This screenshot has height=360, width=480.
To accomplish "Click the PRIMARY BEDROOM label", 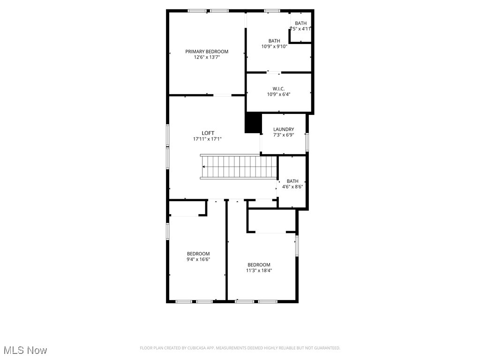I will pos(207,52).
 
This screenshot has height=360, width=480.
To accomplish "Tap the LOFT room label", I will pos(208,133).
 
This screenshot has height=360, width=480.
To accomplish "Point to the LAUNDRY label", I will pos(284,129).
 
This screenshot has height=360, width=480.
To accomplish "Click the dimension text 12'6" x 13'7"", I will pos(207,57).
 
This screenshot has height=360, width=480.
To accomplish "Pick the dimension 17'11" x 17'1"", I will pos(207,139).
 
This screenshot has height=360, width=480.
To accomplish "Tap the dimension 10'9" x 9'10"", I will pos(274,46).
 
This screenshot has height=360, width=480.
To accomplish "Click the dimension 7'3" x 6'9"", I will pos(284,135).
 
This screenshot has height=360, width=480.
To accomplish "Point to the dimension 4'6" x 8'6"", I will pos(292,187).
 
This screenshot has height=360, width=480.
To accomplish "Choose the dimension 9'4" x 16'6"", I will pos(198,259).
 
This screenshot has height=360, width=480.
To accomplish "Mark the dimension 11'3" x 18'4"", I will pos(259,270).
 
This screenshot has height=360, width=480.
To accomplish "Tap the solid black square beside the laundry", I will pos(253,123).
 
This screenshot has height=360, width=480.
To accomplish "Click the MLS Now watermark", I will pos(25,350).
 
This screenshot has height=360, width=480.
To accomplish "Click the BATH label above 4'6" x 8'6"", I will pos(292,181).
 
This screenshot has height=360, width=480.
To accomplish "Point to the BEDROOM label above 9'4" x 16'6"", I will pos(198,254).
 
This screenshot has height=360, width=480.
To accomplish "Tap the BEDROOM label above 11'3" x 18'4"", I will pos(259,264).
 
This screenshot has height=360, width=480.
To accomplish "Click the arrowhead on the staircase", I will pos(204,166).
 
